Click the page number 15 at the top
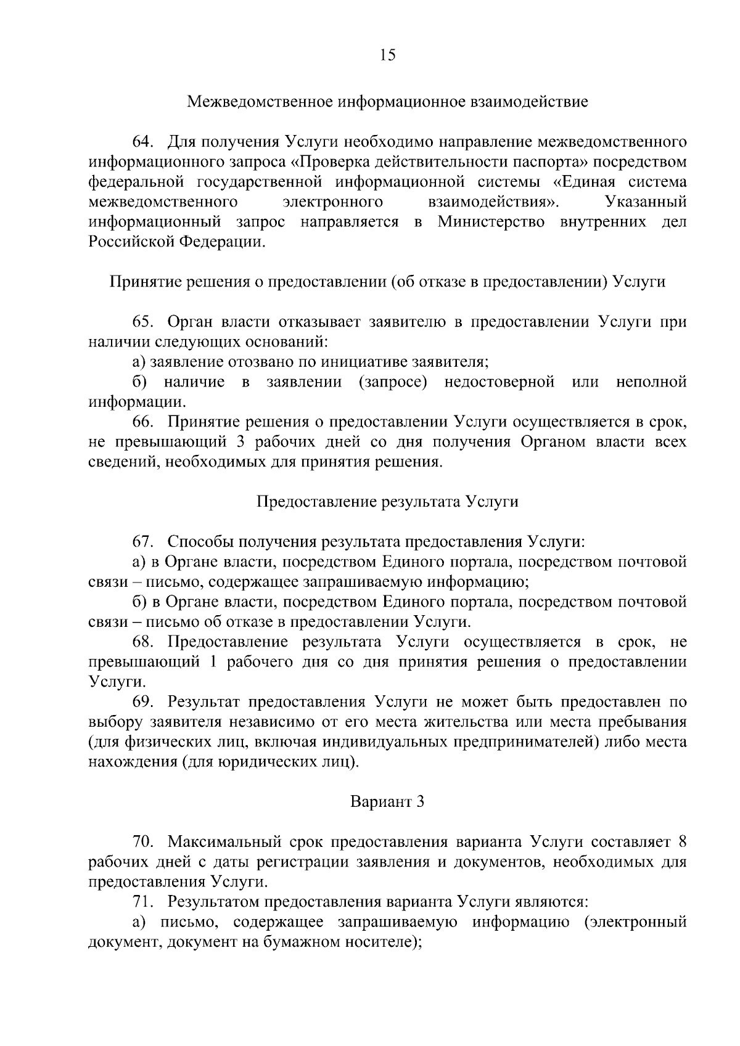(x=387, y=55)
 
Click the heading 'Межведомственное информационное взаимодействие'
(x=387, y=101)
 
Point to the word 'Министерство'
(x=491, y=221)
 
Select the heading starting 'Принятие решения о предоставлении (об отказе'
(x=387, y=282)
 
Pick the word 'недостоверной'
(x=499, y=382)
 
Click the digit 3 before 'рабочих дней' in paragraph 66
(x=240, y=442)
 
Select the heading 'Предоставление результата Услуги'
(x=387, y=502)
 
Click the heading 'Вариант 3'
(x=387, y=802)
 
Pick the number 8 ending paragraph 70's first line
(x=682, y=842)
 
